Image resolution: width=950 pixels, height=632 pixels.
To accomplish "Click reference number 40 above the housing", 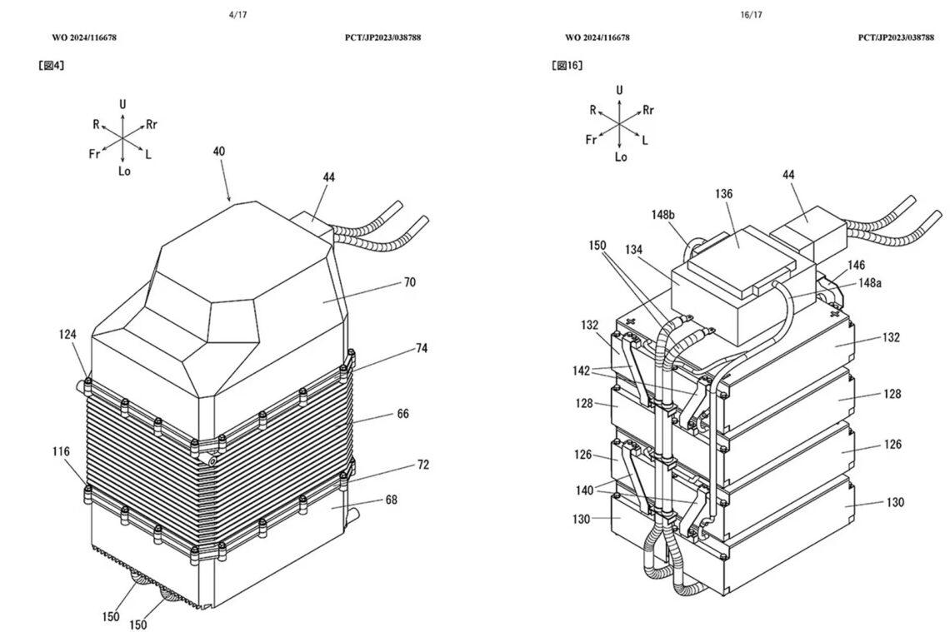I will pyautogui.click(x=218, y=152).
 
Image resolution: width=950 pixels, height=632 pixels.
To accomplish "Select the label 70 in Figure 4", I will pyautogui.click(x=409, y=282).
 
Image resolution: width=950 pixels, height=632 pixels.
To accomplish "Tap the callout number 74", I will pyautogui.click(x=422, y=349).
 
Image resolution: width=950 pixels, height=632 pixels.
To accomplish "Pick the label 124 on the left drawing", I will pyautogui.click(x=67, y=335).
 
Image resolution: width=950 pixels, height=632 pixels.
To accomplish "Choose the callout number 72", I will pyautogui.click(x=422, y=465).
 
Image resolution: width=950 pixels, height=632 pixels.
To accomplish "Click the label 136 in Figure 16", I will pyautogui.click(x=723, y=194).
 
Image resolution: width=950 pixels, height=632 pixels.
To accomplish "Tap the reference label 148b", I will pyautogui.click(x=664, y=216).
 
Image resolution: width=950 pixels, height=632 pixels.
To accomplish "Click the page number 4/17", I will pyautogui.click(x=238, y=15).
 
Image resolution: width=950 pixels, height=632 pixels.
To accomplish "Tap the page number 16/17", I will pyautogui.click(x=751, y=15).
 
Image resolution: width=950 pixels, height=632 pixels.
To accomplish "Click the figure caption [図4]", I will pyautogui.click(x=52, y=65).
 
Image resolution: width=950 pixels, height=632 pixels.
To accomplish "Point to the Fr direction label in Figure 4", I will pyautogui.click(x=95, y=154).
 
